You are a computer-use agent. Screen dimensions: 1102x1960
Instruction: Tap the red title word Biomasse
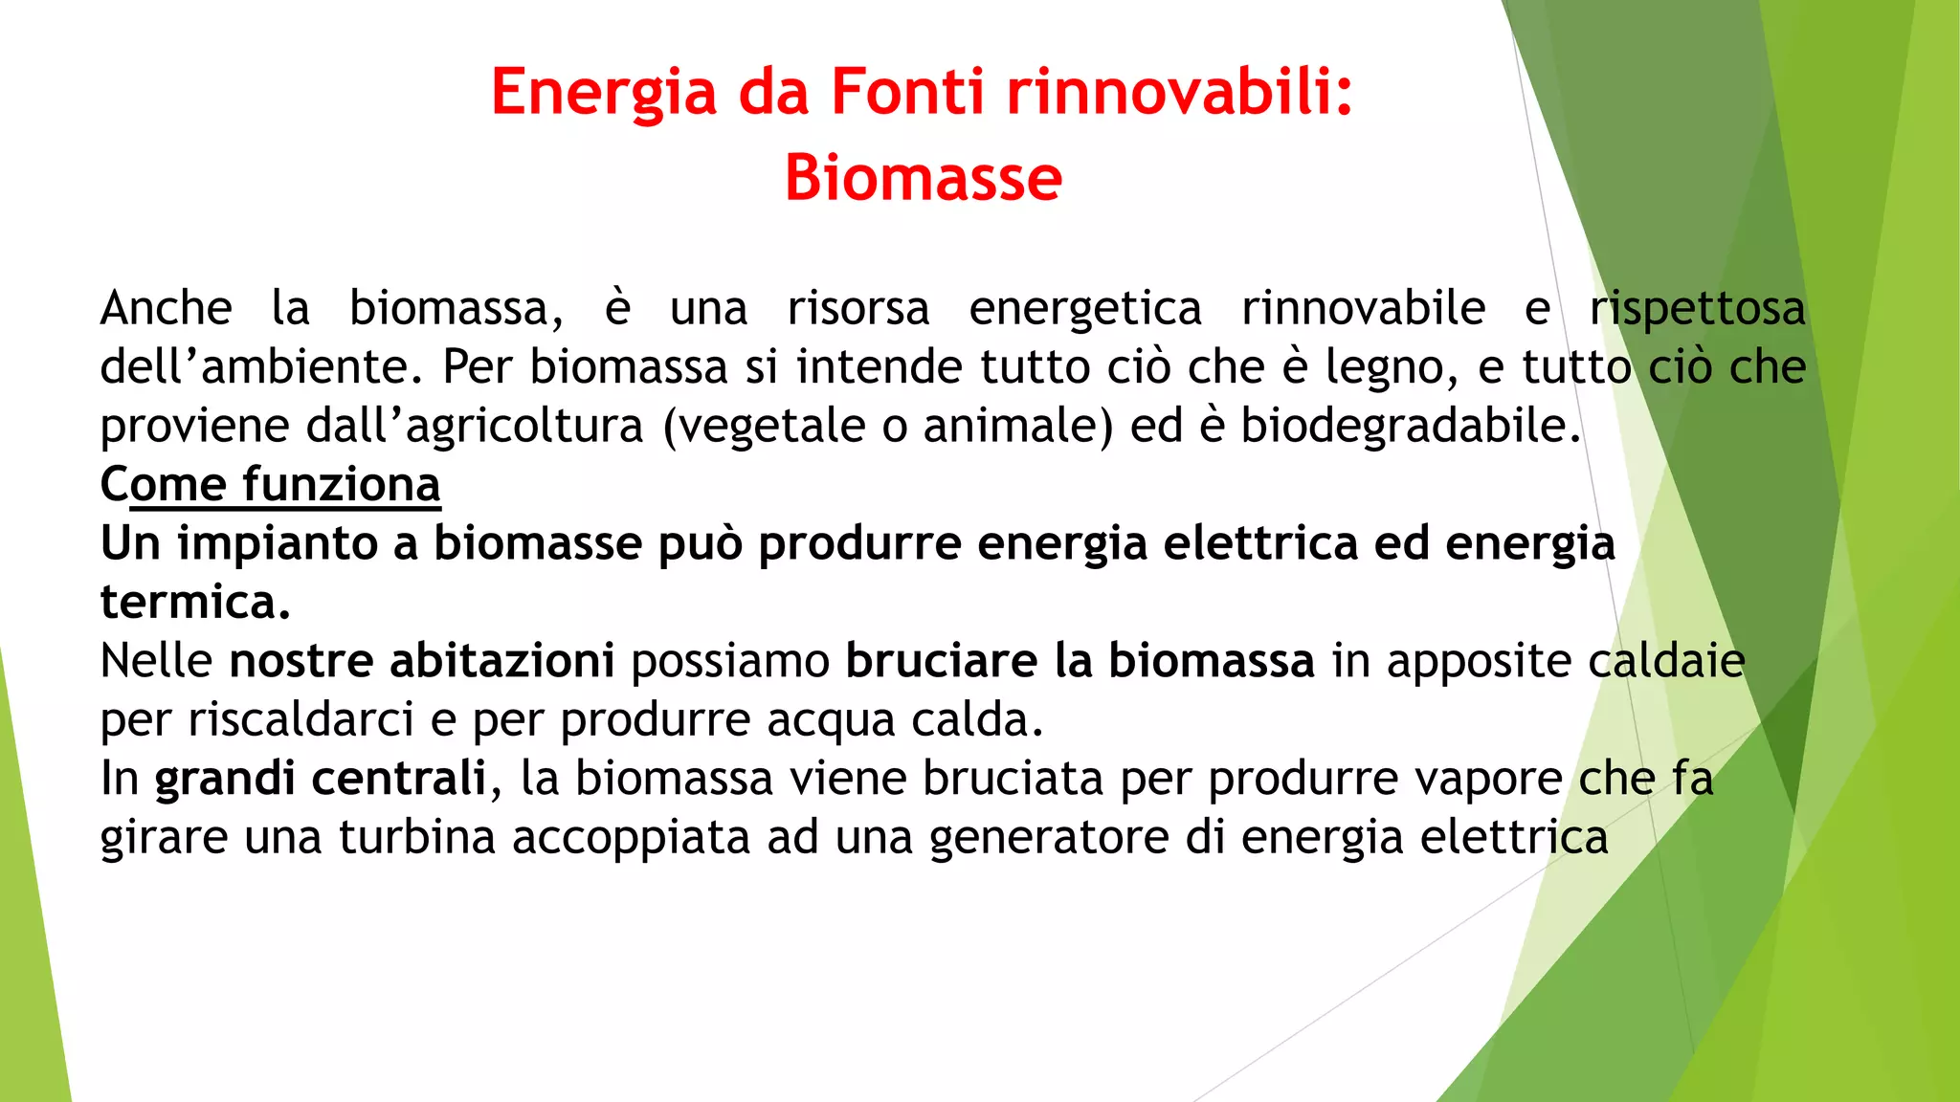click(924, 179)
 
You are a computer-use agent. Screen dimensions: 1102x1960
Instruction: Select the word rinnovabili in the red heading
click(1180, 93)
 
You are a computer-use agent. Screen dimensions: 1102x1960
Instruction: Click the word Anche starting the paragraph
click(167, 308)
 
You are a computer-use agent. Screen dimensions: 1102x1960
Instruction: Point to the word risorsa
click(858, 308)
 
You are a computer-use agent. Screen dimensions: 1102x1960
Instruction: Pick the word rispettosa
click(1698, 308)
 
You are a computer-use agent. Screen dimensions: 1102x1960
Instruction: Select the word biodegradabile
click(1410, 427)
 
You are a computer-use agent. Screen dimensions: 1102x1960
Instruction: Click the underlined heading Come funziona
click(271, 484)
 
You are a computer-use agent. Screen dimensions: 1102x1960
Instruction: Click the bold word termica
click(195, 603)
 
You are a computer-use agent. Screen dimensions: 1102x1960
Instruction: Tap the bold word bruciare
click(942, 661)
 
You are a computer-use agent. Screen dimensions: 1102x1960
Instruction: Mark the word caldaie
click(1666, 661)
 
